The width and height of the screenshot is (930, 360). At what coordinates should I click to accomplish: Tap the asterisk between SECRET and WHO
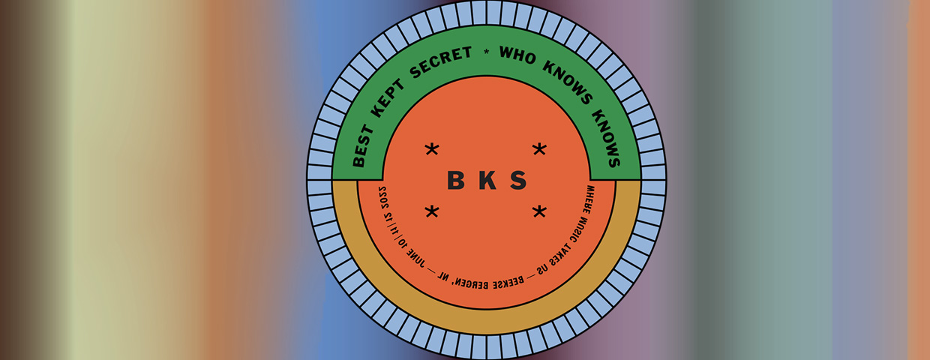pos(486,51)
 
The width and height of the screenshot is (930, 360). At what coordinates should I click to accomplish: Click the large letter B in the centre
pos(455,181)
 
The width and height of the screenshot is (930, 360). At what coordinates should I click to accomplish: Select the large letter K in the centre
pos(485,181)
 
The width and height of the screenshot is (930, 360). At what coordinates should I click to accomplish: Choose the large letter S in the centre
pos(517,181)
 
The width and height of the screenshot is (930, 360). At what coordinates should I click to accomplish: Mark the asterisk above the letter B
pos(432,149)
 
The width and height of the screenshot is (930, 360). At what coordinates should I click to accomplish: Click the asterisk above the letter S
pos(539,149)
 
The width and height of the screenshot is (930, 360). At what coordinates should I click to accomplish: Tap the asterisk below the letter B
pos(432,211)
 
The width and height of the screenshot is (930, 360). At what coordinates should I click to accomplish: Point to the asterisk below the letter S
pos(539,211)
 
